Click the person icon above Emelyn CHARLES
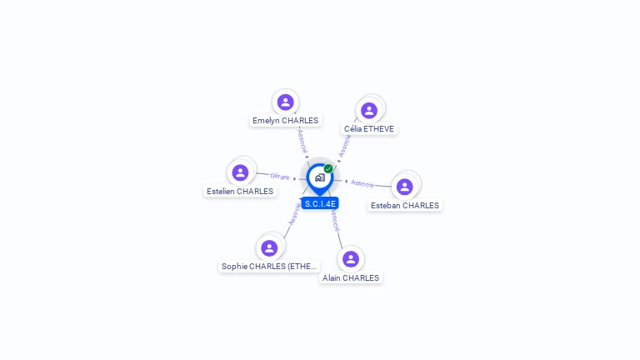[x=286, y=102]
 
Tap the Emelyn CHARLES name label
[x=286, y=121]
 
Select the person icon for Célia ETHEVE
[x=369, y=110]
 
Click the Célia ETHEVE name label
[x=369, y=129]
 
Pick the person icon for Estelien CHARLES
[x=241, y=172]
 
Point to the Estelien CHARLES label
[x=240, y=192]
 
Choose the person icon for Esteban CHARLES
[x=405, y=187]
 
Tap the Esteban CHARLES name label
[x=405, y=206]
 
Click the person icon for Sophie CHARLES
[x=269, y=247]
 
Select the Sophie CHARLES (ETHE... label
[x=269, y=267]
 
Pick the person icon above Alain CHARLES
[x=351, y=258]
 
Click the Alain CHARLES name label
[x=351, y=278]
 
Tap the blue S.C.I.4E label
[x=320, y=203]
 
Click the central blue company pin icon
[x=319, y=177]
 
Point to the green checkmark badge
[x=328, y=169]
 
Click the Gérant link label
[x=280, y=177]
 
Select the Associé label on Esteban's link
[x=362, y=183]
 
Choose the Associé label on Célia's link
[x=345, y=145]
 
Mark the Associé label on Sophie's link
[x=293, y=214]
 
